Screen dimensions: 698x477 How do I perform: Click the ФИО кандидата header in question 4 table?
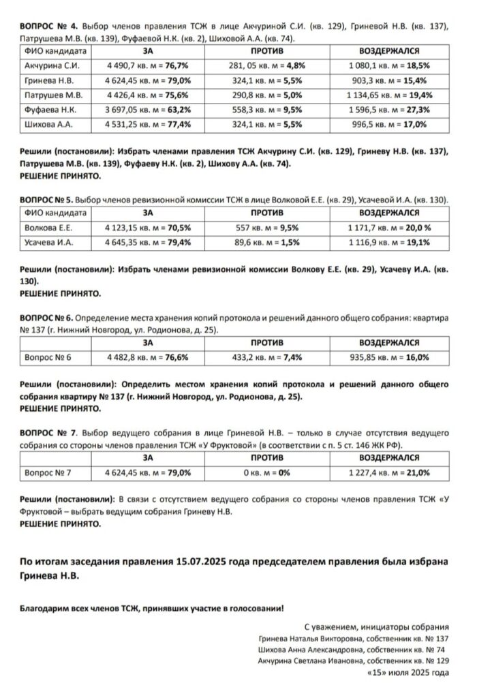[55, 50]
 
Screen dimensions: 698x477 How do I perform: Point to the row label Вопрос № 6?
[48, 356]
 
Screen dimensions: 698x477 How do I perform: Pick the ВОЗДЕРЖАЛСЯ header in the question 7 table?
[389, 457]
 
